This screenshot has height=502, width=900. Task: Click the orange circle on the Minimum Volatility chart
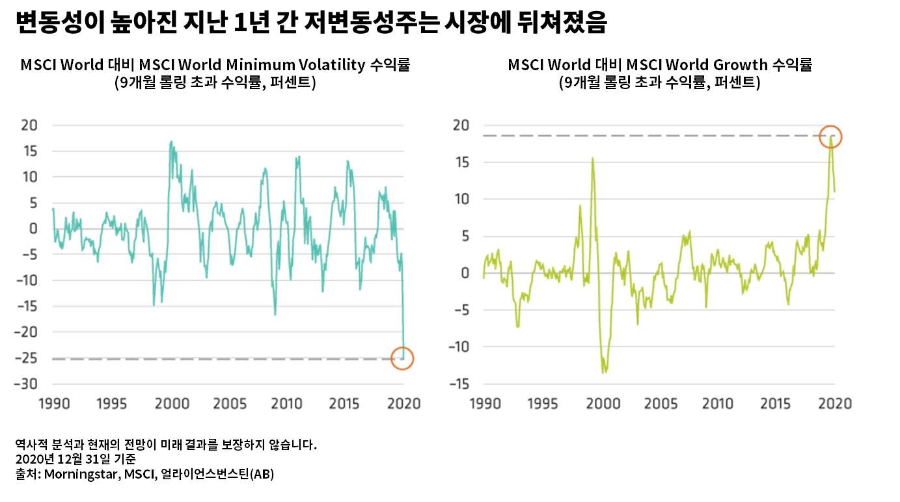402,358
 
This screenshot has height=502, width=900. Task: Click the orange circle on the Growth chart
831,137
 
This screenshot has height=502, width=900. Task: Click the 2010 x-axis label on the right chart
718,404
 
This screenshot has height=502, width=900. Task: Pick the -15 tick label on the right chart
460,384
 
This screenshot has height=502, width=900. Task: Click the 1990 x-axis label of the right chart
486,404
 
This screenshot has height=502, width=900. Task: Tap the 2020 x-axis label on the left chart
403,404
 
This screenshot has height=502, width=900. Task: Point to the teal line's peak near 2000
171,141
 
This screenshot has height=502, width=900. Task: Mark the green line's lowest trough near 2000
604,372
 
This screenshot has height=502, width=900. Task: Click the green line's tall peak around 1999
592,158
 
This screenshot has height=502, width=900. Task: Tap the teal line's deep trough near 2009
275,315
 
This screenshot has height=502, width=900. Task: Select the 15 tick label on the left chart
29,151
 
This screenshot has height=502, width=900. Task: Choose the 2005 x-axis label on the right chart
660,404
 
